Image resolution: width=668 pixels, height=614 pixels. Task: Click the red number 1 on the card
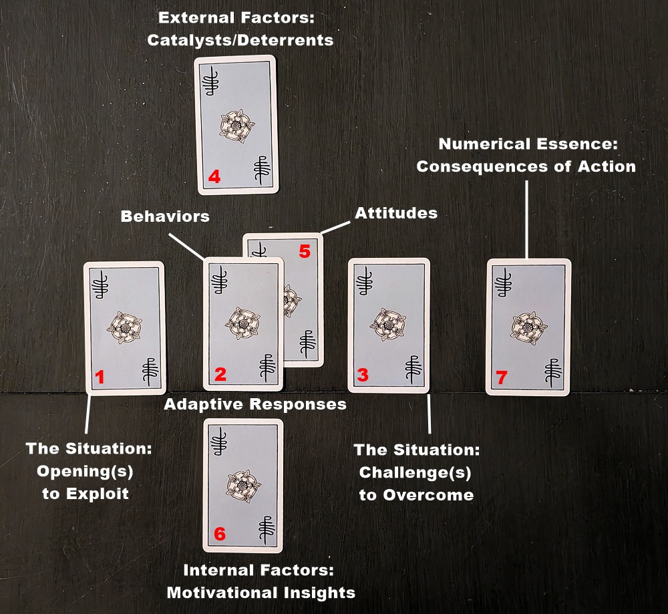click(100, 377)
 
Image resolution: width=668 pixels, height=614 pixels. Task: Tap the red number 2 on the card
click(220, 375)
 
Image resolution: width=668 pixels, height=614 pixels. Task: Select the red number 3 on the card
click(363, 375)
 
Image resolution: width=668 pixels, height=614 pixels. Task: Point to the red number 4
click(214, 176)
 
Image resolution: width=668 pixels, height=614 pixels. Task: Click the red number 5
click(305, 251)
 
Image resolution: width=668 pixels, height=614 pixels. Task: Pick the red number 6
click(219, 534)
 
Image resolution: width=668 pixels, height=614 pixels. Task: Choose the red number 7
click(502, 377)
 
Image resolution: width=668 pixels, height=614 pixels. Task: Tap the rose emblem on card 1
click(124, 327)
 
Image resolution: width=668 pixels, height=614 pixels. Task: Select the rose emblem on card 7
click(529, 328)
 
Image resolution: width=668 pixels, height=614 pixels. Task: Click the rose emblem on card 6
click(243, 486)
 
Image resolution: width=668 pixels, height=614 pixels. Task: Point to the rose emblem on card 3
click(387, 324)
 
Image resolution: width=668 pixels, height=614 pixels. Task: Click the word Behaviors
click(165, 216)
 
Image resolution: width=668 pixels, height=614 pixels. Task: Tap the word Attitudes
click(396, 213)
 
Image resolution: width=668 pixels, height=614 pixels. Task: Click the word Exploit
click(98, 494)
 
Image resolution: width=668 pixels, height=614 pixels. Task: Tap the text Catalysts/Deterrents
click(240, 41)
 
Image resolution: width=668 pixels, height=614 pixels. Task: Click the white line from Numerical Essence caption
click(526, 219)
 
